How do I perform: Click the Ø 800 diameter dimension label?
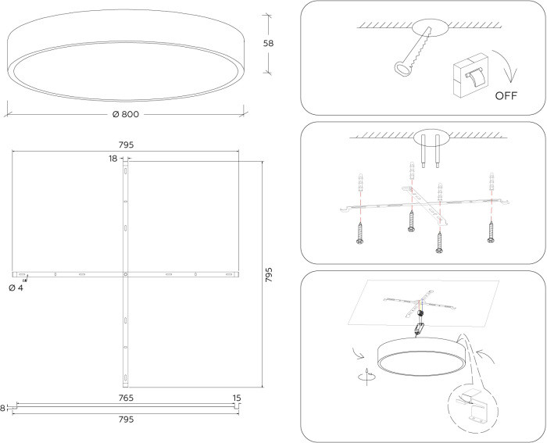126,114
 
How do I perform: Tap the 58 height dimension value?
268,43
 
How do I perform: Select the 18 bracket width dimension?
113,159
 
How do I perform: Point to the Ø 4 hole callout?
16,288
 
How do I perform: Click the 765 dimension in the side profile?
126,398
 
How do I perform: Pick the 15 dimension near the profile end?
237,398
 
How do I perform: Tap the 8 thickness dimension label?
3,408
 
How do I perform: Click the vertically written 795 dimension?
269,275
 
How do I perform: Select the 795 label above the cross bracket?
126,145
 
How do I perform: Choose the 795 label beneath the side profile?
126,420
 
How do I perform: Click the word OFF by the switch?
506,95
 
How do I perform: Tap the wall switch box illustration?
470,75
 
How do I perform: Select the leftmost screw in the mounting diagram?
360,234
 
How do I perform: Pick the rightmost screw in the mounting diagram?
491,232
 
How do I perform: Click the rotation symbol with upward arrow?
367,377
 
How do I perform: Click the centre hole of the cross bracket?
125,274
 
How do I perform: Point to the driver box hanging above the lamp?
419,328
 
